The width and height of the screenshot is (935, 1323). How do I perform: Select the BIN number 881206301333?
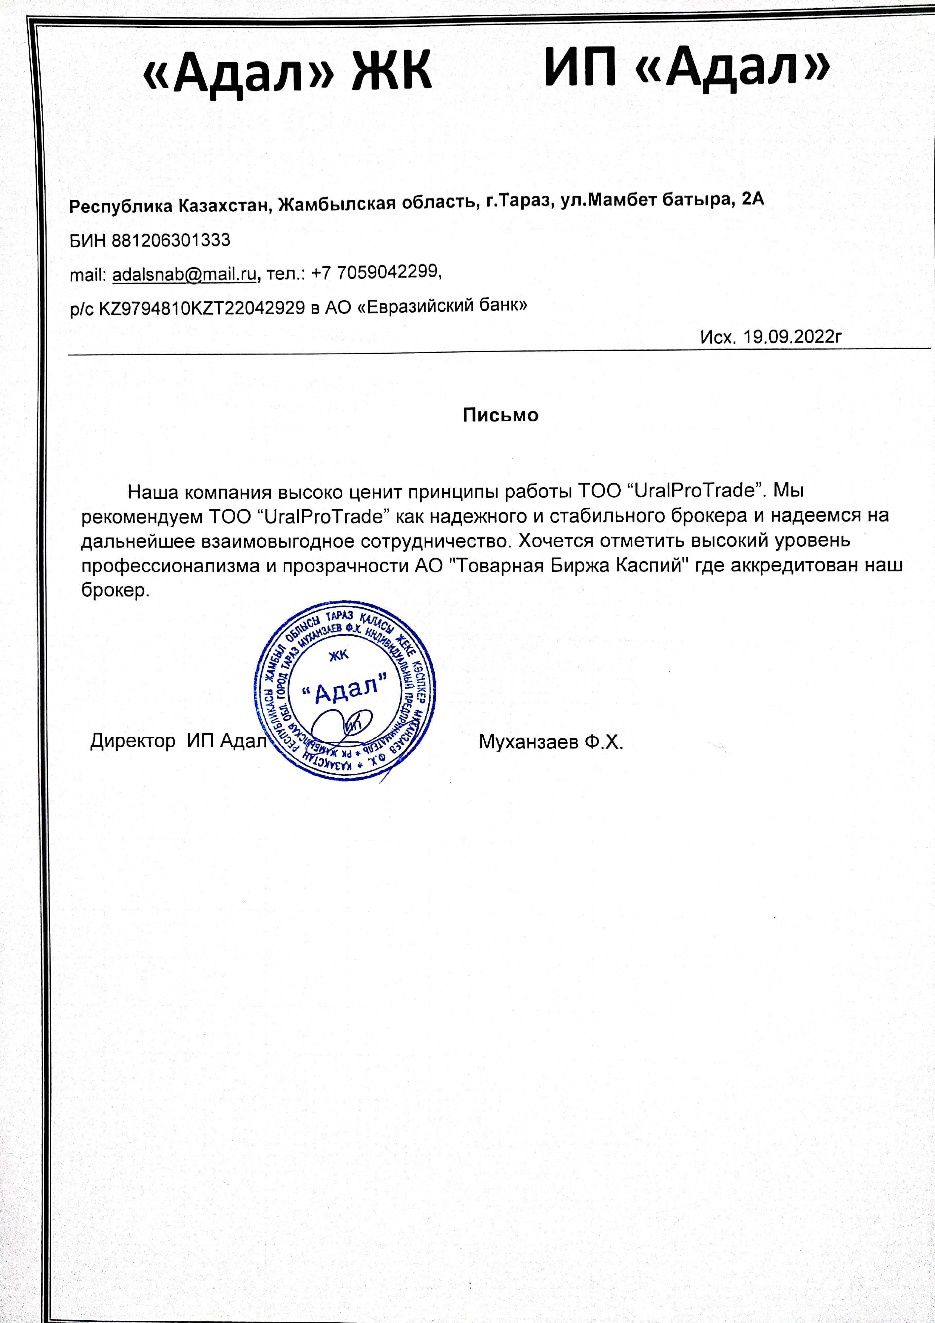[x=171, y=240]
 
